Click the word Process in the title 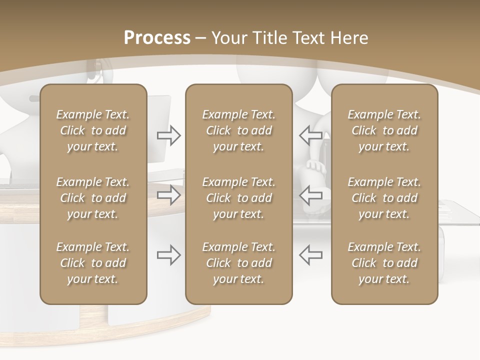pyautogui.click(x=157, y=38)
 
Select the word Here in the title pyautogui.click(x=350, y=38)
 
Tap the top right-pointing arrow pyautogui.click(x=169, y=135)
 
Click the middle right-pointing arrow pyautogui.click(x=169, y=195)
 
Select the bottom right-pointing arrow pyautogui.click(x=169, y=255)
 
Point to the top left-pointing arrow pyautogui.click(x=310, y=135)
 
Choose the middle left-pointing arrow pyautogui.click(x=310, y=195)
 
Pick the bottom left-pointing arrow pyautogui.click(x=310, y=255)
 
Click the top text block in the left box pyautogui.click(x=93, y=130)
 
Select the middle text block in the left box pyautogui.click(x=93, y=198)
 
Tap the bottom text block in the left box pyautogui.click(x=93, y=263)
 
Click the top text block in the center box pyautogui.click(x=238, y=130)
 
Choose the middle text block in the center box pyautogui.click(x=238, y=198)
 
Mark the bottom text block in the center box pyautogui.click(x=238, y=263)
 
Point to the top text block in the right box pyautogui.click(x=384, y=130)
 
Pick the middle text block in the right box pyautogui.click(x=384, y=198)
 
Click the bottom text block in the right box pyautogui.click(x=384, y=263)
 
